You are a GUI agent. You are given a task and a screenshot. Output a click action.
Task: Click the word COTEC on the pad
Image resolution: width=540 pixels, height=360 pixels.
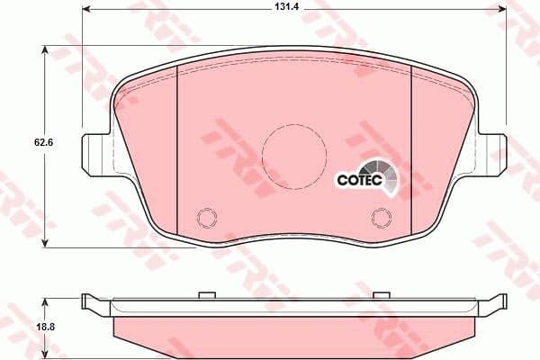point(359,179)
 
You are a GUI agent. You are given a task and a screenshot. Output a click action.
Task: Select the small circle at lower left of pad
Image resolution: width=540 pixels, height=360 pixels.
point(206,217)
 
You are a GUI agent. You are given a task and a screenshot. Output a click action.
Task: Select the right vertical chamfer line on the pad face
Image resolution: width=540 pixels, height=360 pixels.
point(410,153)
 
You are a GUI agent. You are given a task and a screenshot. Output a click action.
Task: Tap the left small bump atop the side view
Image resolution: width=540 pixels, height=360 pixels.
point(204,294)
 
